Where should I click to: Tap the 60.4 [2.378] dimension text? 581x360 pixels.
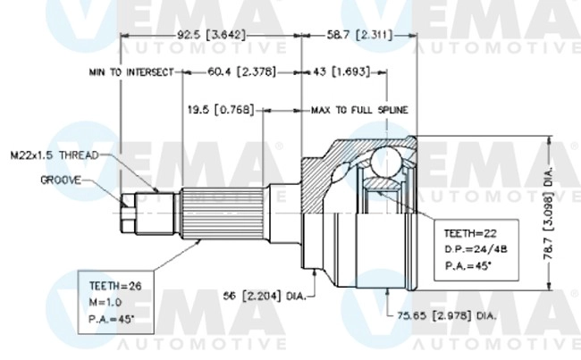point(240,71)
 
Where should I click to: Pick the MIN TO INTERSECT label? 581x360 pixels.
point(130,71)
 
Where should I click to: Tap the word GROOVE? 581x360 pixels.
point(61,180)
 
